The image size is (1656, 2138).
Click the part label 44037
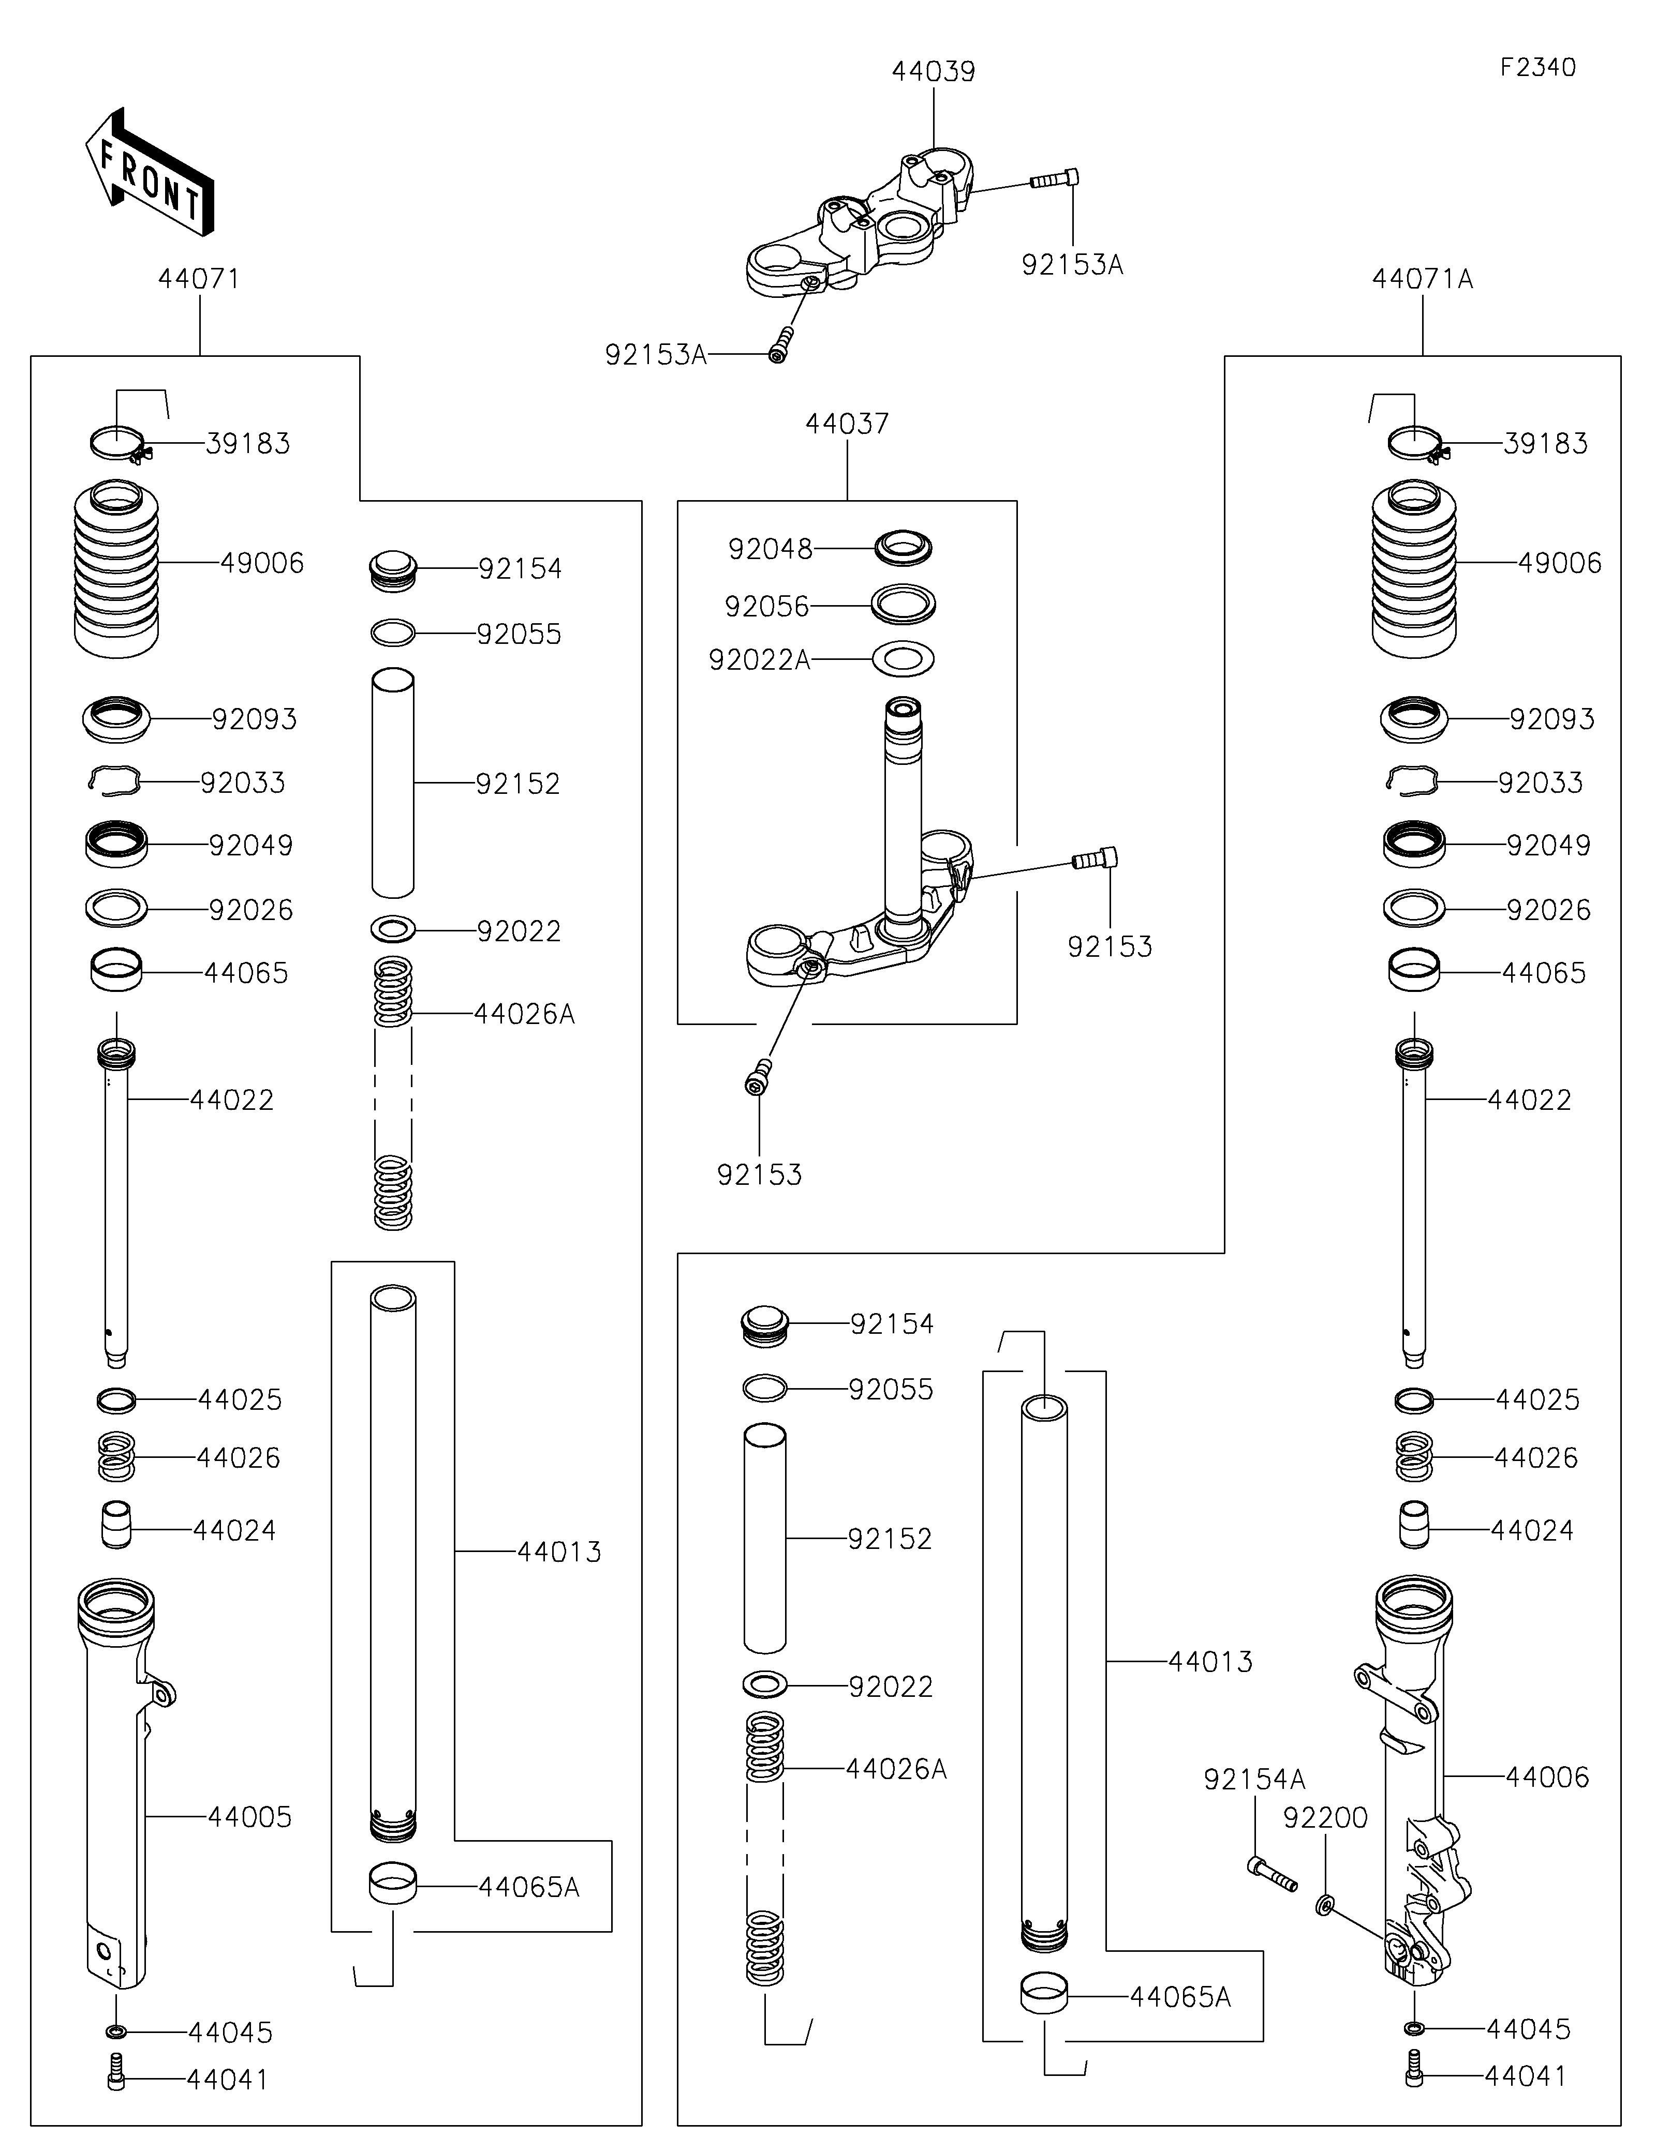coord(847,424)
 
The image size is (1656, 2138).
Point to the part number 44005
coord(250,1817)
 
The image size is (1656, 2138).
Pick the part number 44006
coord(1547,1777)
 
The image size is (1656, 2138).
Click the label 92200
coord(1325,1818)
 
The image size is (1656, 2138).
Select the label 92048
coord(771,549)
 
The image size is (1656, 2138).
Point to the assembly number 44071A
coord(1422,279)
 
